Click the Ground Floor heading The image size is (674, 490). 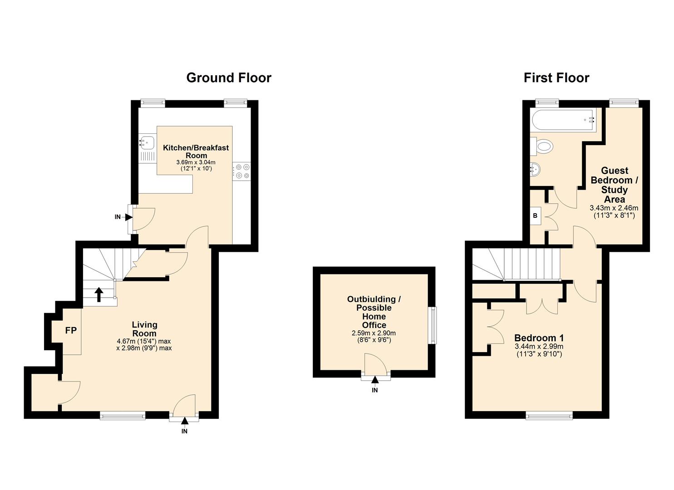click(x=229, y=78)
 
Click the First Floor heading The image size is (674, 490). click(x=556, y=78)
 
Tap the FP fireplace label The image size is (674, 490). click(x=71, y=331)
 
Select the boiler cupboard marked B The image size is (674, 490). click(x=535, y=216)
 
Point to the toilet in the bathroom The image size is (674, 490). click(x=543, y=146)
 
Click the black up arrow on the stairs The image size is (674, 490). click(x=98, y=294)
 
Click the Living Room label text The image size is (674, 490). click(x=144, y=329)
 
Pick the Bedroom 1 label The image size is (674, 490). click(x=539, y=338)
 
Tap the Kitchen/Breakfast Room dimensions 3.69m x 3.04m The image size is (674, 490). click(x=196, y=162)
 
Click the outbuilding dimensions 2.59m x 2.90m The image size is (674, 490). click(x=374, y=333)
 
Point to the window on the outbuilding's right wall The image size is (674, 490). click(x=433, y=325)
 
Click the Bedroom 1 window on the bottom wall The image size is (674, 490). click(x=549, y=415)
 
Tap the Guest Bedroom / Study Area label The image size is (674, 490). click(x=614, y=185)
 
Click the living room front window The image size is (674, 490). click(x=123, y=415)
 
